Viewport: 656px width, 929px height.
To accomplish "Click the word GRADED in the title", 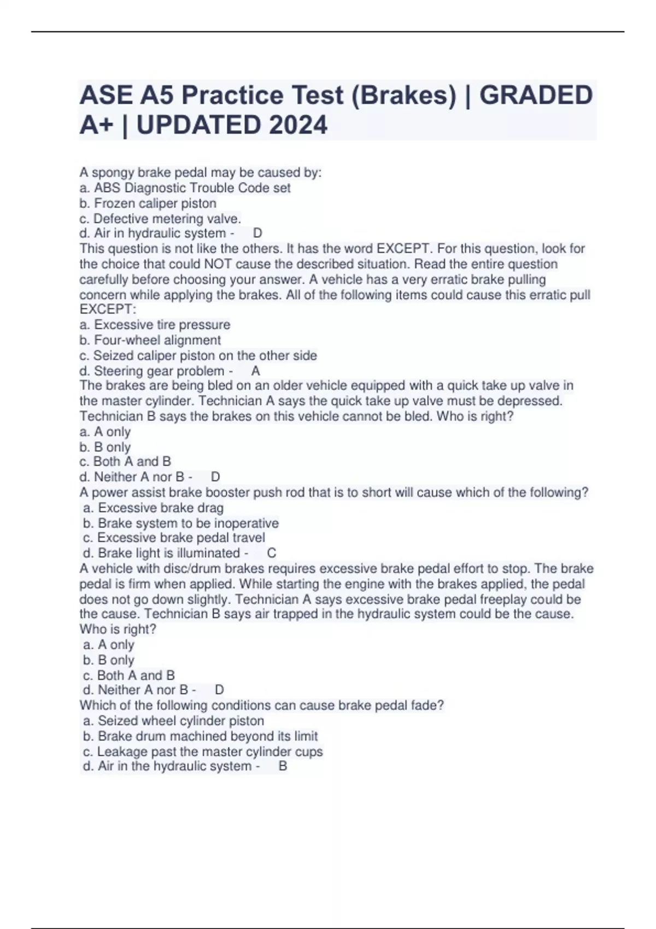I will click(x=536, y=95).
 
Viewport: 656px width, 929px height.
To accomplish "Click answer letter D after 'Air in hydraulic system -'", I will click(x=257, y=233).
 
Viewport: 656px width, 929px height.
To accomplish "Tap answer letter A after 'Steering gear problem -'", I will click(x=255, y=371).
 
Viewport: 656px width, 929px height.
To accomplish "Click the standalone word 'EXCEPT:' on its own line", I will click(x=108, y=309).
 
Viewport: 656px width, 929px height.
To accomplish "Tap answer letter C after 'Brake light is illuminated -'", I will click(x=272, y=553).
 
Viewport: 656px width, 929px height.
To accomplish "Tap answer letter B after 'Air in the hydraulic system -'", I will click(x=283, y=766).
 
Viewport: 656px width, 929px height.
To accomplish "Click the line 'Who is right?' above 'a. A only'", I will click(x=118, y=629).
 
